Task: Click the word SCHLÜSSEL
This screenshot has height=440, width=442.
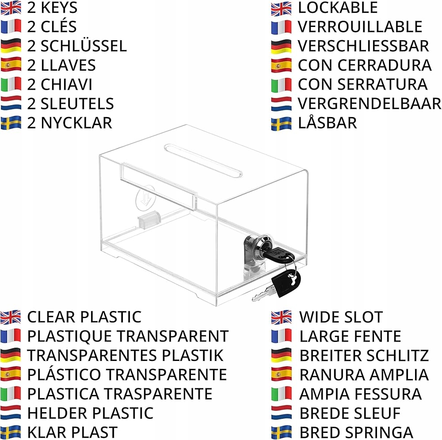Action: tap(84, 46)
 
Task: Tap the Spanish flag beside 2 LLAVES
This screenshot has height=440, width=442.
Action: tap(11, 65)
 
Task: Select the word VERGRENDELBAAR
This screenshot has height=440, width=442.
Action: tap(370, 104)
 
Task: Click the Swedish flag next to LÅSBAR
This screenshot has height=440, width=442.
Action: tap(282, 123)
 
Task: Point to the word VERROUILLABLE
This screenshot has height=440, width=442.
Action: tap(360, 27)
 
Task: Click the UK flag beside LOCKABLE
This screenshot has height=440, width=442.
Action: tap(282, 8)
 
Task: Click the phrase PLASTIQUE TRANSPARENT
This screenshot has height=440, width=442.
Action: tap(128, 336)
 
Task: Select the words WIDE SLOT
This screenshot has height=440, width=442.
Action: tap(341, 317)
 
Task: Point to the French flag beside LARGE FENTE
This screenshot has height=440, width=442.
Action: tap(282, 336)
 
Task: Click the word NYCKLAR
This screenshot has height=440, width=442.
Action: tap(76, 123)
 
